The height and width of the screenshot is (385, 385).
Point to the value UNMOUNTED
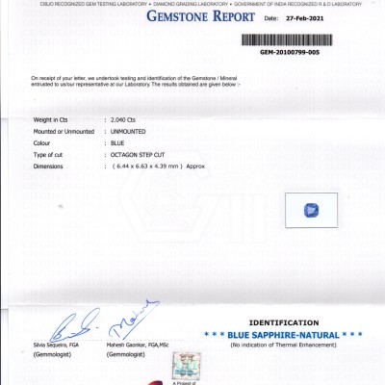click(x=130, y=131)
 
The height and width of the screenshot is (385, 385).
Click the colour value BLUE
click(x=118, y=142)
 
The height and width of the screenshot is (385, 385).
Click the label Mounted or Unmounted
click(x=64, y=131)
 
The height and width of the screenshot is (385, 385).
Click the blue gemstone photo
click(x=311, y=210)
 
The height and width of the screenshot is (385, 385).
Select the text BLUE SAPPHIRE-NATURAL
click(x=283, y=334)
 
